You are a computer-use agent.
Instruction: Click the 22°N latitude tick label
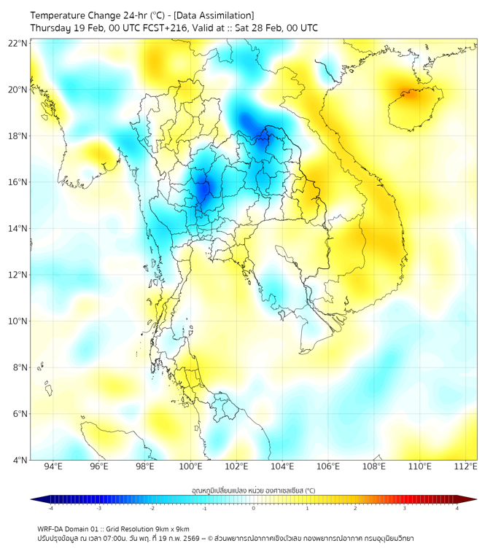coord(18,43)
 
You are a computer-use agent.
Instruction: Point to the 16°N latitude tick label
coord(18,182)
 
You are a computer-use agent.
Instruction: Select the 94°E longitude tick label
coord(53,467)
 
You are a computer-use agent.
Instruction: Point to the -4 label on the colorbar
coord(50,509)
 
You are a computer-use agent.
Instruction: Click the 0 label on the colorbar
coord(254,509)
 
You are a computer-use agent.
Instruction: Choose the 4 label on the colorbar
coord(457,509)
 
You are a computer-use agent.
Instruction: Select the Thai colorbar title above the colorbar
coord(253,490)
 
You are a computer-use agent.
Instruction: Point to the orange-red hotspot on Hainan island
coord(407,93)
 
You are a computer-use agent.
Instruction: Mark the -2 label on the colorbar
coord(152,509)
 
